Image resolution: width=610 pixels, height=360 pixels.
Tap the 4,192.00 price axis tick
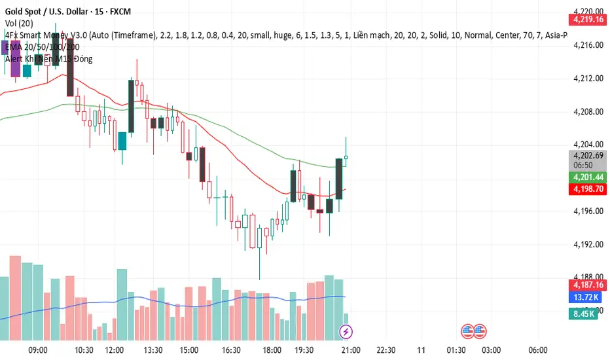coord(586,244)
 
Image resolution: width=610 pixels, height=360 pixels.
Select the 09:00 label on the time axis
coord(39,350)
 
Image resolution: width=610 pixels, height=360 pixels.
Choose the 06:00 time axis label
coord(537,350)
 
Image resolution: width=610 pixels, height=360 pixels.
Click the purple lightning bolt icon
coord(346,332)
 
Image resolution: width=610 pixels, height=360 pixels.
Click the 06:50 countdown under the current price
coord(583,166)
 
